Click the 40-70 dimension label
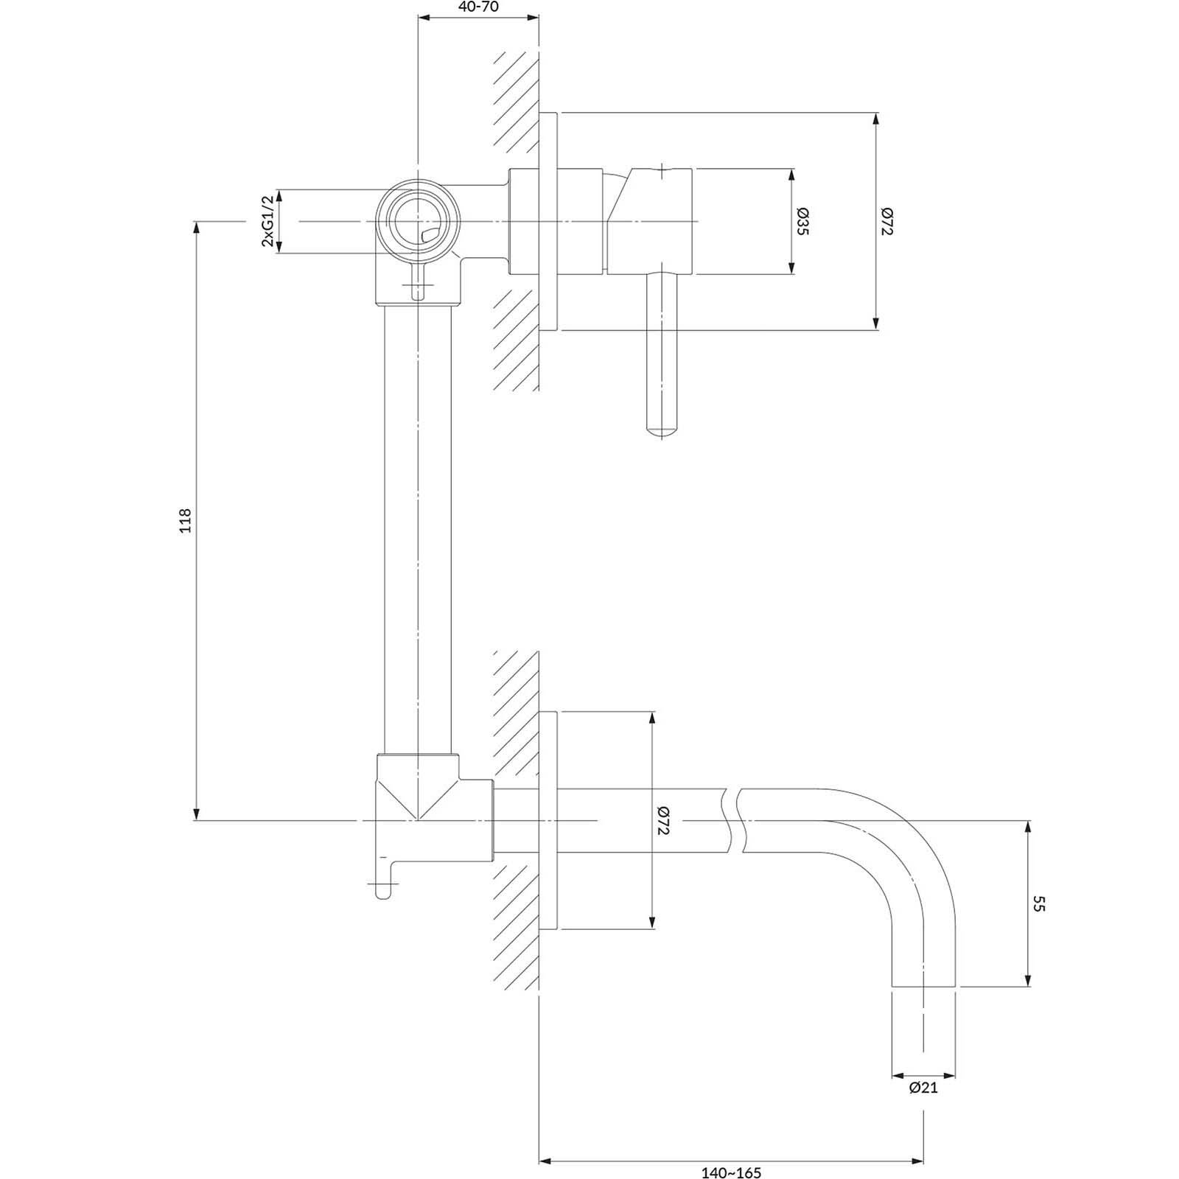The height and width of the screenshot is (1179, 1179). [x=478, y=7]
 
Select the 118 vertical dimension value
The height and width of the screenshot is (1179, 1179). [x=185, y=520]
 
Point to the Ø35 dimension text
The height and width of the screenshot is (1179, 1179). [x=802, y=222]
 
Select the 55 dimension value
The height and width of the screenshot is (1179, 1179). [x=1039, y=903]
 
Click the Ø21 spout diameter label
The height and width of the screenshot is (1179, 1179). [x=924, y=1087]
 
